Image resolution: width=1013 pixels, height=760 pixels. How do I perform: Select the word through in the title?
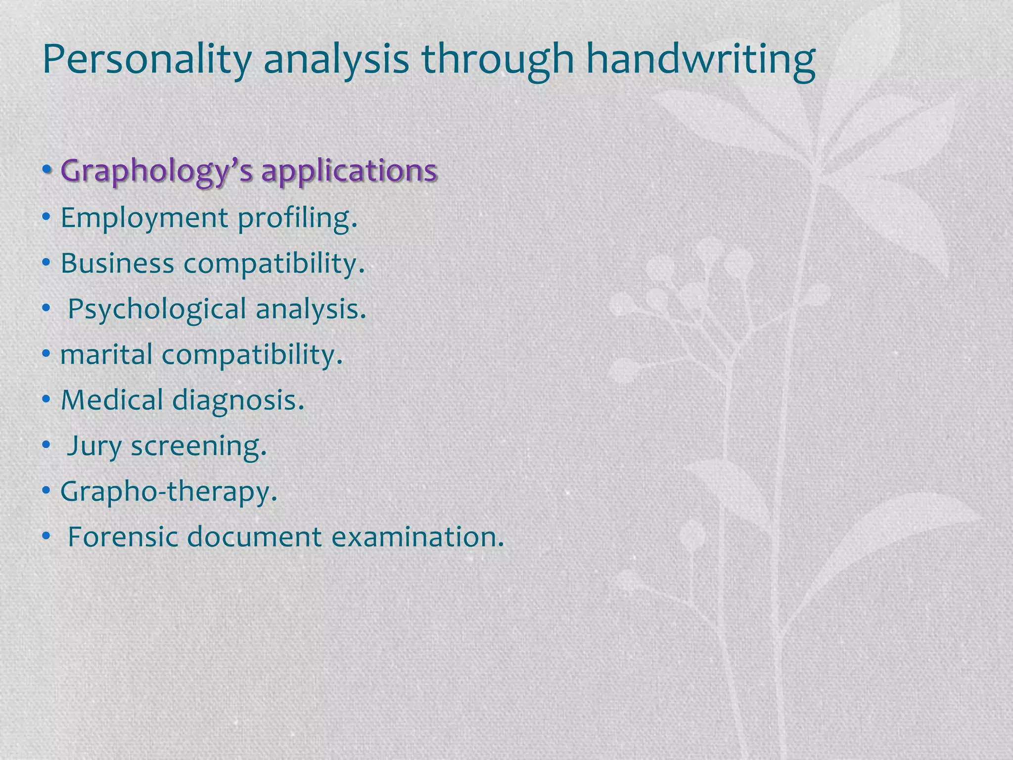click(x=497, y=59)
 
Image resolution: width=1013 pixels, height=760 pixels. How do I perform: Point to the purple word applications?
click(x=349, y=171)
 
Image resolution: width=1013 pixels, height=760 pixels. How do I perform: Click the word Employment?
click(x=144, y=218)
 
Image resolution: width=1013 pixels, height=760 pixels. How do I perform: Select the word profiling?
click(x=297, y=218)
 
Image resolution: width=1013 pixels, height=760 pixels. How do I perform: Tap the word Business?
click(x=117, y=263)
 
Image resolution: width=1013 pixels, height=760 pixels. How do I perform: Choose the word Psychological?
click(x=157, y=309)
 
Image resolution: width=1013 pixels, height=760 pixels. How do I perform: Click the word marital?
click(x=106, y=354)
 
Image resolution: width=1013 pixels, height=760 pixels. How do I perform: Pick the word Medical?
click(x=112, y=400)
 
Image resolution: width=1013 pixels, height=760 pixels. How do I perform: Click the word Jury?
click(x=94, y=446)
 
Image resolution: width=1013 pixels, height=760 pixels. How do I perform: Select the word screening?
click(x=198, y=446)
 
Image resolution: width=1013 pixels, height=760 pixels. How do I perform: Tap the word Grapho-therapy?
click(x=169, y=492)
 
